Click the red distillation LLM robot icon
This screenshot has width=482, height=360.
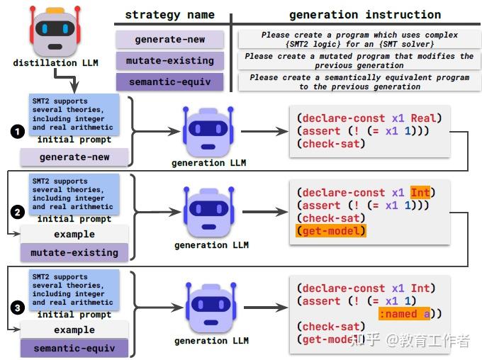coord(55,30)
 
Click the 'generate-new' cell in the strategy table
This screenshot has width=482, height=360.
coord(169,40)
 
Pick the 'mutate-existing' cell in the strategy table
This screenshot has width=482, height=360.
coord(169,61)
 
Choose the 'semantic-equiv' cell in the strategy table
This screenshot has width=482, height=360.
coord(169,82)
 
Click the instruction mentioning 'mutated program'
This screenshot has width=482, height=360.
coord(357,61)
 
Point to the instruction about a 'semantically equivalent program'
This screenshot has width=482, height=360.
coord(357,82)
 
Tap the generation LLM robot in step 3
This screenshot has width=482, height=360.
coord(211,308)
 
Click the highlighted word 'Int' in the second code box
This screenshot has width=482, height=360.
coord(420,193)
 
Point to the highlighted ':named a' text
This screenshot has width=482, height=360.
coord(405,314)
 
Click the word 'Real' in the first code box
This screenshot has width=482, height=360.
coord(425,118)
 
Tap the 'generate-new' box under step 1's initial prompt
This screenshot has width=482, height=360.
coord(74,157)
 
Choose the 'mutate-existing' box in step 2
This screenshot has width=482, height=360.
coord(74,252)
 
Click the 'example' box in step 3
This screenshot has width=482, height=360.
coord(74,330)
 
